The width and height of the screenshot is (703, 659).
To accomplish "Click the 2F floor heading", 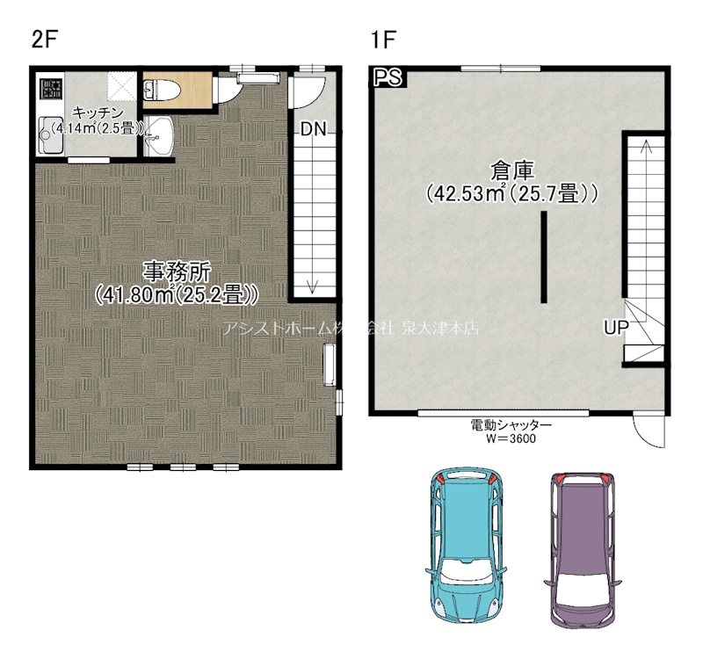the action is click(x=46, y=40).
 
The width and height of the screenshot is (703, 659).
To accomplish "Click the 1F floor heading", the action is click(x=383, y=40).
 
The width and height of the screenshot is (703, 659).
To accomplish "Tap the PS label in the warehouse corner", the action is click(x=388, y=77).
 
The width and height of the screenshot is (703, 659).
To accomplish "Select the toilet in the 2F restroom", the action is click(x=162, y=90).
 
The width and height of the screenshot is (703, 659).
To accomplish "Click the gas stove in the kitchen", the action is click(x=52, y=89).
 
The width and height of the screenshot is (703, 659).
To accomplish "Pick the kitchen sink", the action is click(x=50, y=135).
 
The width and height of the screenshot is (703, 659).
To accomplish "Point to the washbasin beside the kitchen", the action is click(x=159, y=135).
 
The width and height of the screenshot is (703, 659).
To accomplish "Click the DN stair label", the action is click(x=314, y=129).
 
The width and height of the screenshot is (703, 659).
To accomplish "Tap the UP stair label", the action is click(x=616, y=328).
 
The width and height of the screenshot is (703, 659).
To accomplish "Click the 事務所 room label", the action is click(x=177, y=271).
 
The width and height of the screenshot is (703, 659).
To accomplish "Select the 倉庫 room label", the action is click(x=512, y=170).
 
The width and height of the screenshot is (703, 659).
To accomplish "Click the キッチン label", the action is click(x=98, y=112).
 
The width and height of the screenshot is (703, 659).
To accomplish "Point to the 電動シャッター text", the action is click(x=511, y=424).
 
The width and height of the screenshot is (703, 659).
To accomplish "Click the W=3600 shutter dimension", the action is click(x=511, y=438).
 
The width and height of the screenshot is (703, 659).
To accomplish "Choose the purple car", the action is click(x=583, y=551).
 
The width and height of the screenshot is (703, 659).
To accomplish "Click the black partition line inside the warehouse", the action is click(x=544, y=257).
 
